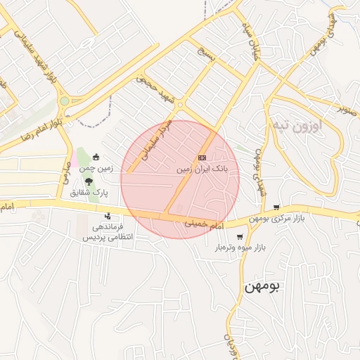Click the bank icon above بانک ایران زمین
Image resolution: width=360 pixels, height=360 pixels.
[202, 157]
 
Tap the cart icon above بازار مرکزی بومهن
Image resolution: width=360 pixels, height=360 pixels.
[276, 207]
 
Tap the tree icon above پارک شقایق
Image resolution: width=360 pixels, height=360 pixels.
[88, 181]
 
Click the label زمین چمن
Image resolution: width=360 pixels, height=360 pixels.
[96, 168]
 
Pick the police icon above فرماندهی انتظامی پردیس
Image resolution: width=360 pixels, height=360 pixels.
[108, 216]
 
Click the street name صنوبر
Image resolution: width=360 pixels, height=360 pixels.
[347, 109]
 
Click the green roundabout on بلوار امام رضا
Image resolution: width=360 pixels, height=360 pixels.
[65, 101]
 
